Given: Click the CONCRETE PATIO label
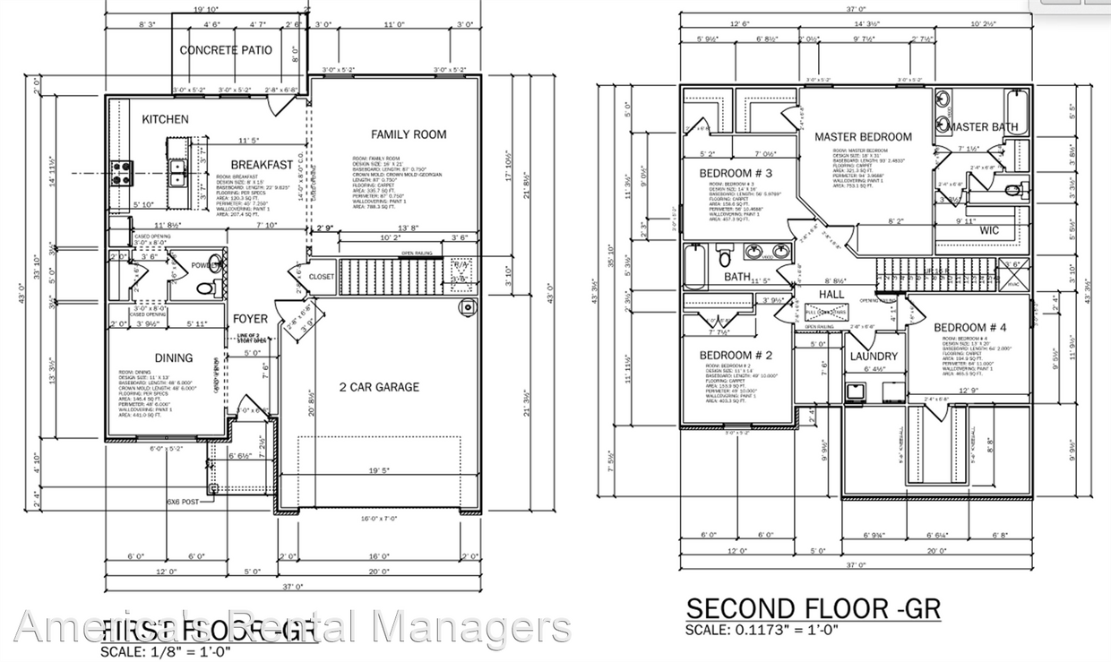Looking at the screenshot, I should (226, 50).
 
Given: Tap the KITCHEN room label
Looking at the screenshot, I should (165, 119).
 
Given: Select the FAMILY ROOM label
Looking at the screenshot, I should (409, 134).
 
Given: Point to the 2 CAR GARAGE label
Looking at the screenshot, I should (379, 387).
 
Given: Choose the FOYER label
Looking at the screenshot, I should (250, 319).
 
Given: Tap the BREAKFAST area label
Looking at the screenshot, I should (262, 165).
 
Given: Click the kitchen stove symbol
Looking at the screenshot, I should (121, 172).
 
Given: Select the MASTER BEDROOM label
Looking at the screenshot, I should (863, 137).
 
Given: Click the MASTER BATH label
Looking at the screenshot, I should (983, 127).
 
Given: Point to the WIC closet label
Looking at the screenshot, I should (989, 230).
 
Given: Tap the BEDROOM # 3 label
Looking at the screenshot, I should (736, 172).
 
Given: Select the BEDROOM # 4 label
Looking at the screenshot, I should (970, 328).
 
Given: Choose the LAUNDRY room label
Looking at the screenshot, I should (874, 357).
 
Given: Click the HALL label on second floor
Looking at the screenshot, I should (832, 294).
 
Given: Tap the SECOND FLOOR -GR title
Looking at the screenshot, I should (813, 609).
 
